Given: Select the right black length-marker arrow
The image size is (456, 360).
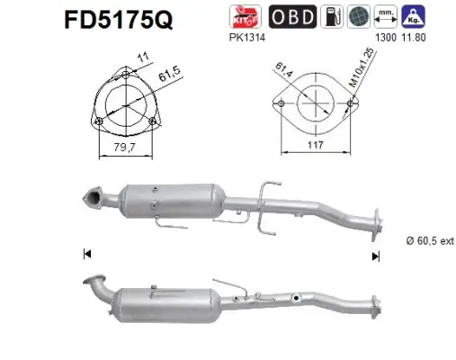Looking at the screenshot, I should [x=376, y=256].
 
